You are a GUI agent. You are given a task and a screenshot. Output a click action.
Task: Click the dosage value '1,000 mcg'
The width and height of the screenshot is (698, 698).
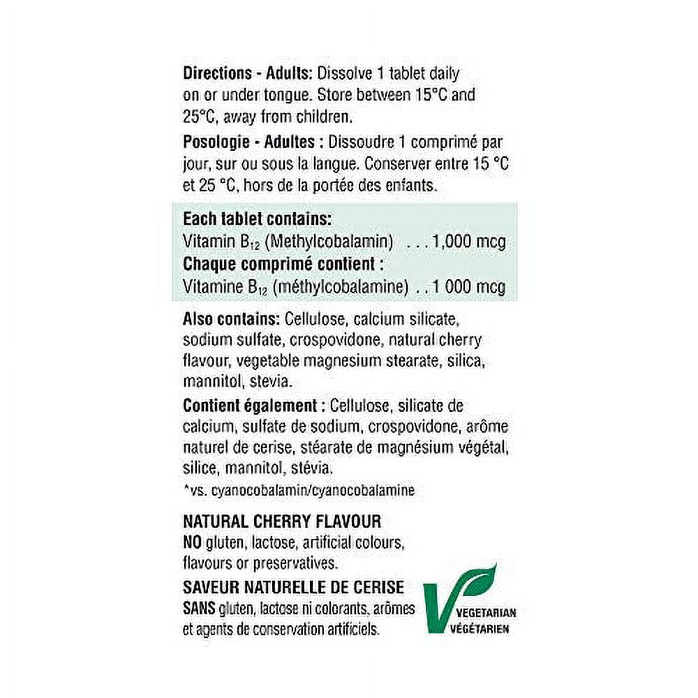469,242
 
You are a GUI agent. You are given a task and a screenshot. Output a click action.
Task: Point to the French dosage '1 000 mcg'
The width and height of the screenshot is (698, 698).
469,287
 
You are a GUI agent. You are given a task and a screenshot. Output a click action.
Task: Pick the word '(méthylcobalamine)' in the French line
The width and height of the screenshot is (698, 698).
340,287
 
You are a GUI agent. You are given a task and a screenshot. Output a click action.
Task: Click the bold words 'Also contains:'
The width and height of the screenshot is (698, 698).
230,320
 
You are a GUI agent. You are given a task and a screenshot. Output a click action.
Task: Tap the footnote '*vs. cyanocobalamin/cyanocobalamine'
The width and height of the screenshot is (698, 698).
299,491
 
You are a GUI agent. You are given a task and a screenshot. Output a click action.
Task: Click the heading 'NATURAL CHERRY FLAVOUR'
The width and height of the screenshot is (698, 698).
281,522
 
